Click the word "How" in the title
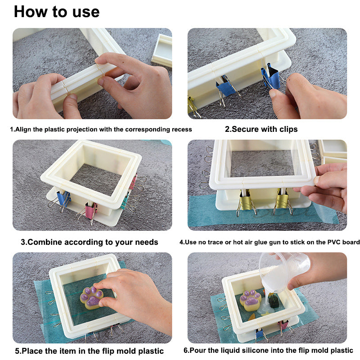(x=30, y=12)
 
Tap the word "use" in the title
(x=86, y=13)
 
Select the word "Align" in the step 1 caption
(x=23, y=130)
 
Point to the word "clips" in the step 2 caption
(x=288, y=129)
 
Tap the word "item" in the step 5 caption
(x=67, y=351)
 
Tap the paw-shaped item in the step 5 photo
(x=91, y=298)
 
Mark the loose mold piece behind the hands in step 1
(x=162, y=50)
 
